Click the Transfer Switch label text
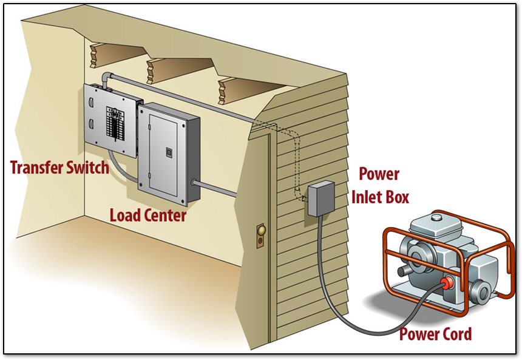pyautogui.click(x=59, y=168)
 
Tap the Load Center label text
pyautogui.click(x=147, y=215)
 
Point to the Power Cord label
pyautogui.click(x=435, y=333)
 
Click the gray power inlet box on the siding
pyautogui.click(x=320, y=199)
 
